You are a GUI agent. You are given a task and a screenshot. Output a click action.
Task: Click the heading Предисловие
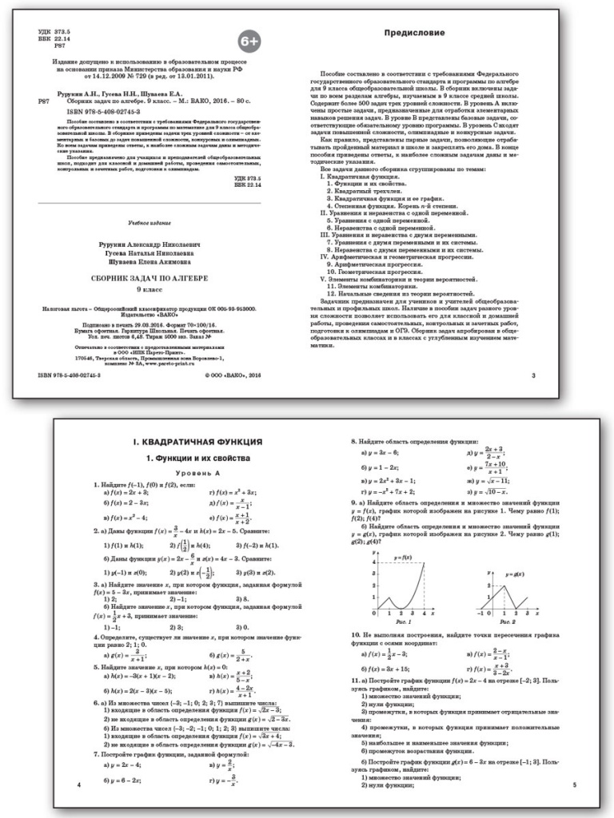pos(415,34)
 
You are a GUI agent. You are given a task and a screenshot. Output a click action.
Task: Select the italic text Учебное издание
pos(151,220)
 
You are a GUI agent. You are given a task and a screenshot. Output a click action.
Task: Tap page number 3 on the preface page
pos(533,374)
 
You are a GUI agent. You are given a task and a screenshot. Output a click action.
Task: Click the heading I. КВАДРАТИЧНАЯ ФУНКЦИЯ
pos(197,442)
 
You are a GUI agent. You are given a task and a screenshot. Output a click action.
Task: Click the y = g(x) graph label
pos(503,574)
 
